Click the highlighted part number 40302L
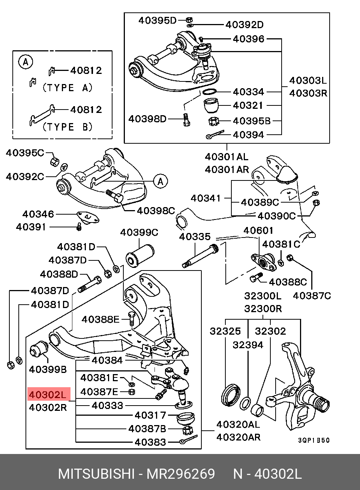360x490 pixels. [48, 395]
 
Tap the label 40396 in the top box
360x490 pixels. [248, 39]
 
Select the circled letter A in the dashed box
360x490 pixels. [25, 62]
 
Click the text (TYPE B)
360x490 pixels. [67, 127]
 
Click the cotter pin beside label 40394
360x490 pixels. [214, 134]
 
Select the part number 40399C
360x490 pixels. [139, 233]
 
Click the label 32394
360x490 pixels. [248, 344]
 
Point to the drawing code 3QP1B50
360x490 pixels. [314, 440]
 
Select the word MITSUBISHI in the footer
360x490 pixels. [96, 474]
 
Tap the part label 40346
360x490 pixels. [38, 214]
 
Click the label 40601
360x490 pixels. [259, 230]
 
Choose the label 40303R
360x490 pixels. [308, 93]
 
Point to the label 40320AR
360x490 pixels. [238, 437]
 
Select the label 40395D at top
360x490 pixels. [157, 20]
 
